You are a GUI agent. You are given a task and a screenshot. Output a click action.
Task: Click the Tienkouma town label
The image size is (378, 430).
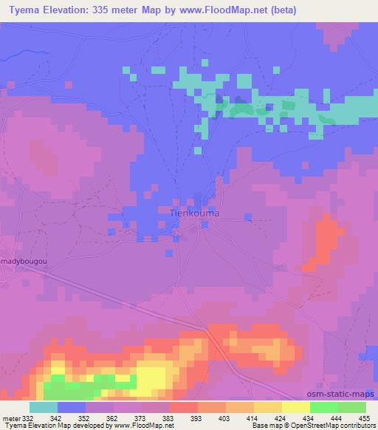click(x=195, y=213)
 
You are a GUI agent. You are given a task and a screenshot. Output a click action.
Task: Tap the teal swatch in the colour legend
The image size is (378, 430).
click(x=44, y=407)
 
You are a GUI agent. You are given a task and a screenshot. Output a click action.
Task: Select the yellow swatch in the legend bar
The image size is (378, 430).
click(x=295, y=407)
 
